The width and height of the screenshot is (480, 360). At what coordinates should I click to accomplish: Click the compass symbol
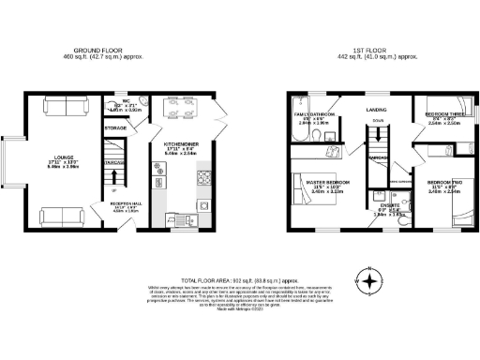[371, 278]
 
